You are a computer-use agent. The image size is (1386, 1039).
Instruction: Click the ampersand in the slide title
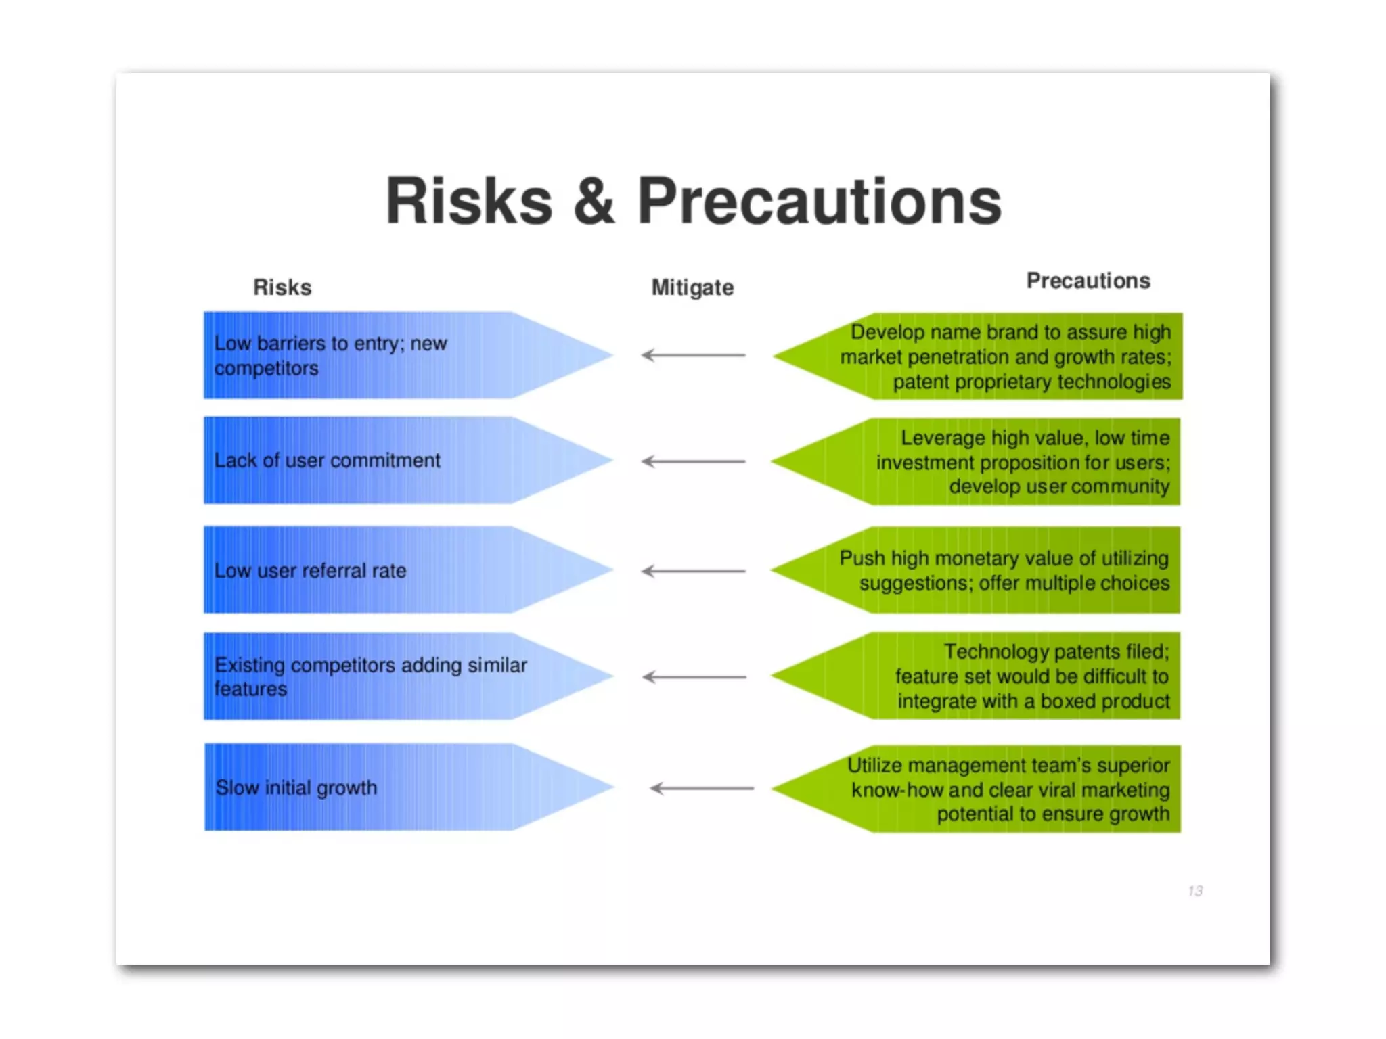tap(594, 201)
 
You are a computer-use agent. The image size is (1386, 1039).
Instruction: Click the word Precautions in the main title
tap(819, 201)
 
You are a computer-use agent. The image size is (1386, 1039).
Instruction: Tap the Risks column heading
tap(282, 287)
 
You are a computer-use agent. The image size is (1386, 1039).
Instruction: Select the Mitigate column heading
tap(692, 287)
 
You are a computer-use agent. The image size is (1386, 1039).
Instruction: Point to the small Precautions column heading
tap(1088, 281)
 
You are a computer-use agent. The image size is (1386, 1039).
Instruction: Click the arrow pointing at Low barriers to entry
tap(693, 355)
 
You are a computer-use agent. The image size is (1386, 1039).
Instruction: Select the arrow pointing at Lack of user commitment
tap(693, 461)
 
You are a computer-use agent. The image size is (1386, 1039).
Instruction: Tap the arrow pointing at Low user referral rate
tap(693, 572)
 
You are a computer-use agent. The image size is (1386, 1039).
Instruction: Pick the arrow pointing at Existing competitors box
tap(694, 677)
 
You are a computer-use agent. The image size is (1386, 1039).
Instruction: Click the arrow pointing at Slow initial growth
tap(701, 789)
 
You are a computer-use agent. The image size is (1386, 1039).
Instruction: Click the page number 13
tap(1195, 891)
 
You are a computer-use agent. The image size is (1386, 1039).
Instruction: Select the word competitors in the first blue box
tap(266, 369)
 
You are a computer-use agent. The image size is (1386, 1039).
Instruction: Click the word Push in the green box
tap(862, 559)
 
